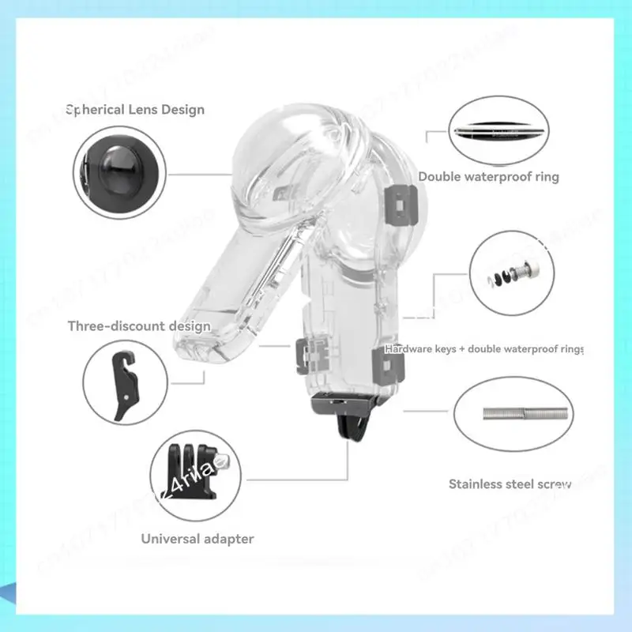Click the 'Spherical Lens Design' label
(136, 110)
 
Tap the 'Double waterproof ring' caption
(488, 177)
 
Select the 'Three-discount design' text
(139, 325)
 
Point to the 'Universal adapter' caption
(197, 539)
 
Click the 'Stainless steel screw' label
(510, 483)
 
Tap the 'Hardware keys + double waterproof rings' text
(483, 348)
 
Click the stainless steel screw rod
(525, 414)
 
